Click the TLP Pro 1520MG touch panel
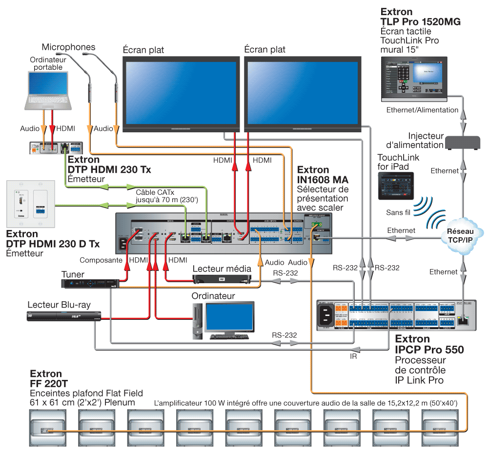pos(414,77)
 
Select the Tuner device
pos(90,283)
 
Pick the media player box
pos(222,279)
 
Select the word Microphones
pos(68,47)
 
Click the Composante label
pos(101,260)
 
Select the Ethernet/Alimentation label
pos(422,110)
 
